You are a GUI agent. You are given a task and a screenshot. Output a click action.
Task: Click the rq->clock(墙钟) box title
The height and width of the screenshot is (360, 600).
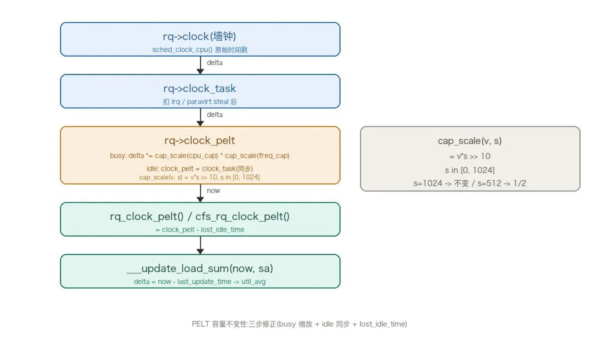tap(199, 36)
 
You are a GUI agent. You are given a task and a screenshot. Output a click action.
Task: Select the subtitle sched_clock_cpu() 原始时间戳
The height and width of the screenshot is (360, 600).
tap(200, 50)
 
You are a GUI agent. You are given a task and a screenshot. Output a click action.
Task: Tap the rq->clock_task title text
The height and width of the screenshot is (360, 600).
tap(199, 88)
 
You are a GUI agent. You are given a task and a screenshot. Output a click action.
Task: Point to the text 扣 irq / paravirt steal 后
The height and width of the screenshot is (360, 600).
tap(200, 102)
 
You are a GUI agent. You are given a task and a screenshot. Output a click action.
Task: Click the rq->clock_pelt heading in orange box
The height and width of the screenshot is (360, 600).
tap(199, 141)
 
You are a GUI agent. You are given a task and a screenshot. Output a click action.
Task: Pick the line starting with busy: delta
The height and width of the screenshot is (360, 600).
tap(200, 156)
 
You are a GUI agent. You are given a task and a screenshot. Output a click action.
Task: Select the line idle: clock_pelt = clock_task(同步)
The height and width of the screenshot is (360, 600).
tap(200, 169)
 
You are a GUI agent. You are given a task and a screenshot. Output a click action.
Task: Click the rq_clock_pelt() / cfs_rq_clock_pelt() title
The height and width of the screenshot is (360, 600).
tap(200, 217)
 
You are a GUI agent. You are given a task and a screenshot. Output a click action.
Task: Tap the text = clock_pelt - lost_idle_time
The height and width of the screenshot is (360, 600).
tap(200, 229)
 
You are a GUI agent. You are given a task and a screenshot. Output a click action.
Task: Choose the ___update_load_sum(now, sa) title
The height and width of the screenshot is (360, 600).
tap(200, 268)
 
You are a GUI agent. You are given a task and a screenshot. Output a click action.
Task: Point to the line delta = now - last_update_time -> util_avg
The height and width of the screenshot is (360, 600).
tap(200, 282)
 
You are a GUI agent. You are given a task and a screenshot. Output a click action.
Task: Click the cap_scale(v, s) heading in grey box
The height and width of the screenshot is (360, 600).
tap(469, 141)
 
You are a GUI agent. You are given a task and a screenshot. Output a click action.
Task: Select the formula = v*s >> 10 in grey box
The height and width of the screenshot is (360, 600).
tap(469, 156)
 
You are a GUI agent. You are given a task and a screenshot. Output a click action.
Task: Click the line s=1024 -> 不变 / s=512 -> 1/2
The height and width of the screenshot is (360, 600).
tap(469, 183)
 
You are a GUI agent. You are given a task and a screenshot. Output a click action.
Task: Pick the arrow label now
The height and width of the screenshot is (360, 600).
tap(213, 191)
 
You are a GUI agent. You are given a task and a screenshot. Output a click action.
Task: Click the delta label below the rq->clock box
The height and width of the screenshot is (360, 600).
tap(214, 63)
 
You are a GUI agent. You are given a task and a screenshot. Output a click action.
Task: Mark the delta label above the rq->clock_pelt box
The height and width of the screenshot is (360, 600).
tap(214, 115)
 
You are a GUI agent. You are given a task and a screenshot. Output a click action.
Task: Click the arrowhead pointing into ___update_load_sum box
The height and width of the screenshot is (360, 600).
tap(200, 251)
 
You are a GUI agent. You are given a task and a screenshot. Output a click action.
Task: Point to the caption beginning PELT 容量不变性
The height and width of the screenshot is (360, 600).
tap(299, 324)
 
